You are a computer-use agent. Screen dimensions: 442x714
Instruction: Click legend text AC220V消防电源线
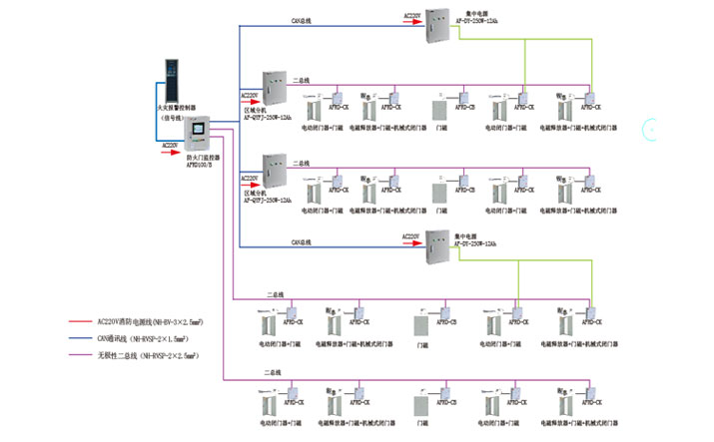[150, 322]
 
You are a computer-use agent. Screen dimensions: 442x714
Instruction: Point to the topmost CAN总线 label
[304, 19]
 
